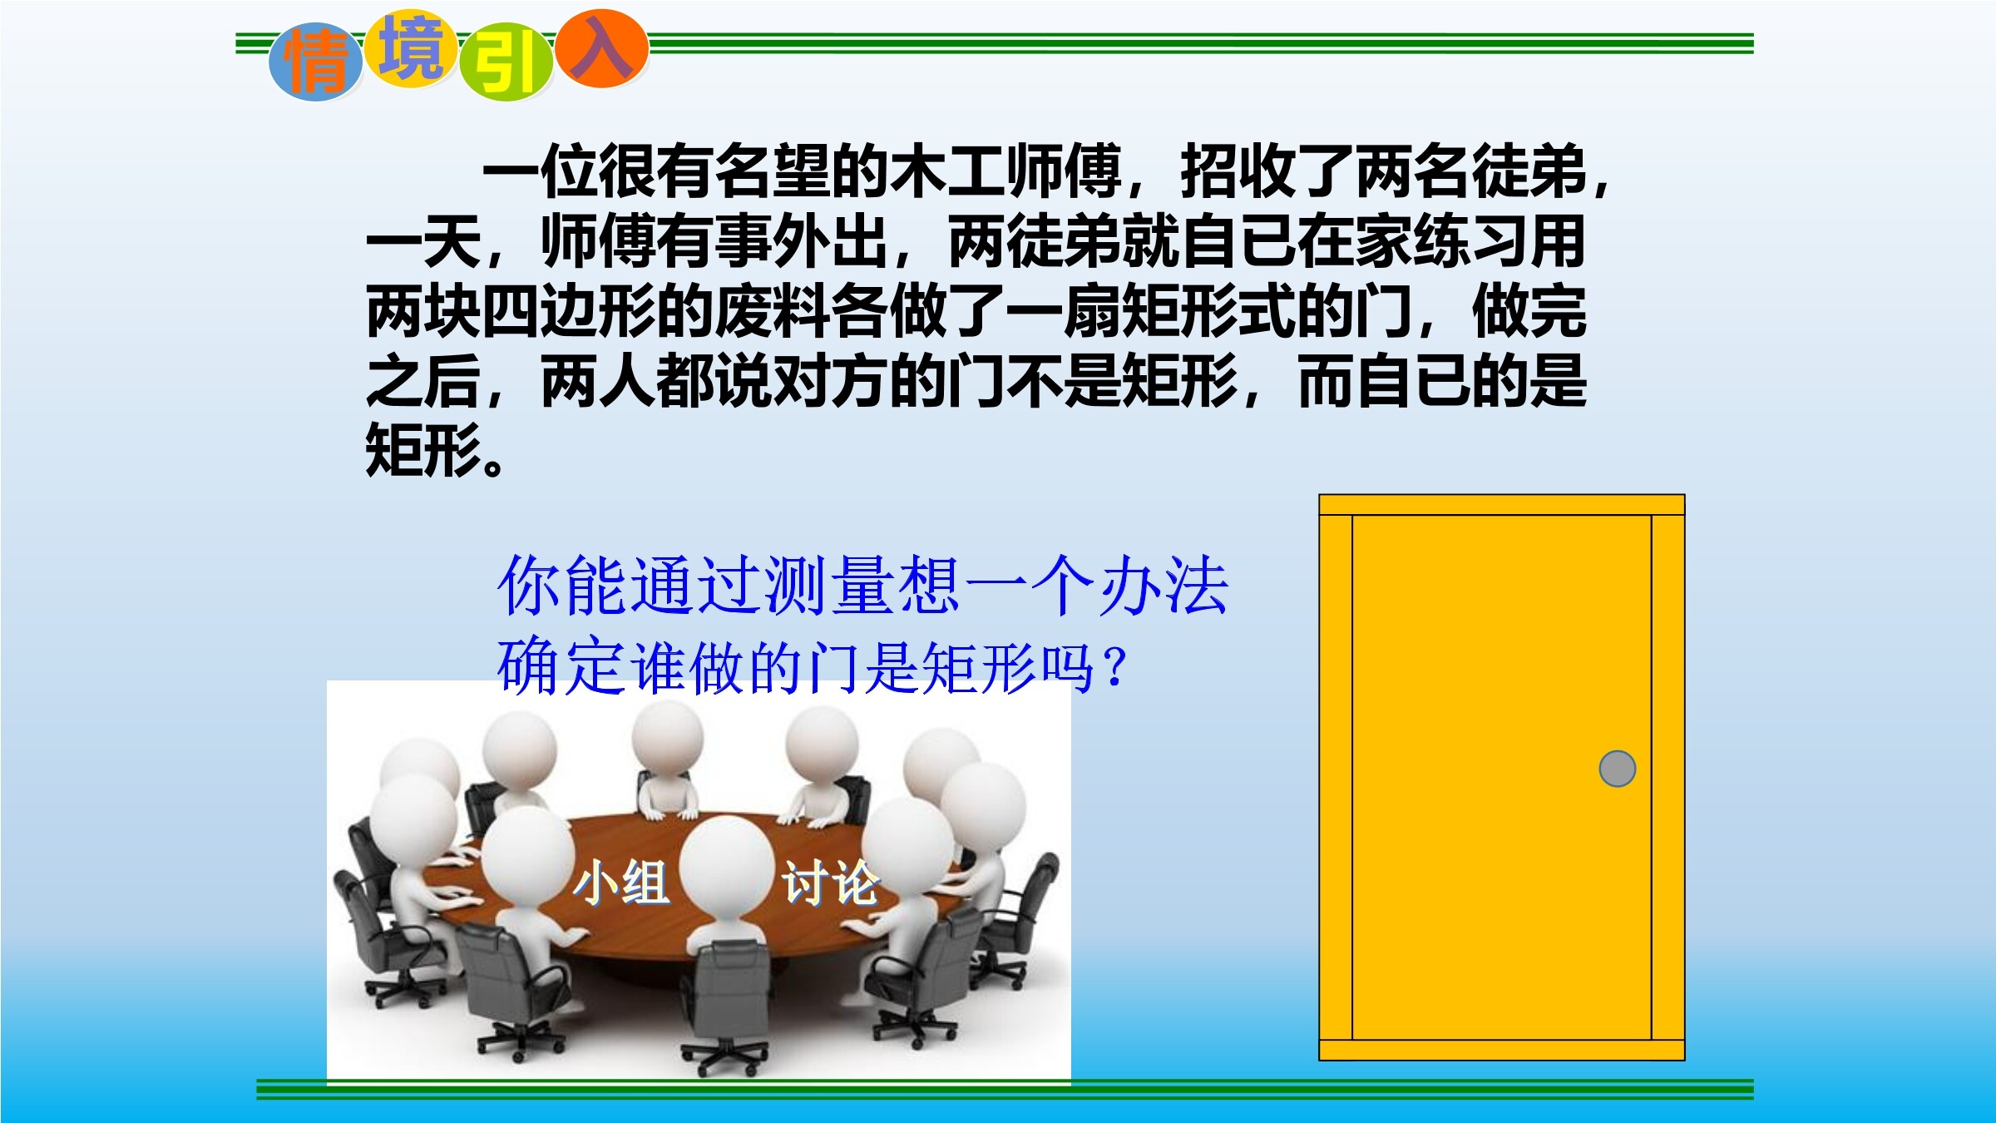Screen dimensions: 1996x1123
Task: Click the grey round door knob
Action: [1617, 769]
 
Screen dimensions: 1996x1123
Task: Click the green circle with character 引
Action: [506, 63]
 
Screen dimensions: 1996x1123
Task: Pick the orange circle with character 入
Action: [601, 48]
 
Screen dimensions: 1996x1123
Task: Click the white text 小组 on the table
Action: [621, 883]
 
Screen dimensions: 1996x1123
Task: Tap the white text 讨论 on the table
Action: [830, 883]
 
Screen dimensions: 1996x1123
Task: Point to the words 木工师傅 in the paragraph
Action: [1006, 171]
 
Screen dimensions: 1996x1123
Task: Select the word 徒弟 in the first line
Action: [1529, 171]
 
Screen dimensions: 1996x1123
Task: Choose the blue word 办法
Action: [1164, 586]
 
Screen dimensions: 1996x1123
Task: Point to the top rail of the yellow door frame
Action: [1502, 505]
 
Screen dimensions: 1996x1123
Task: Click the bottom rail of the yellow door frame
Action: [1502, 1050]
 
